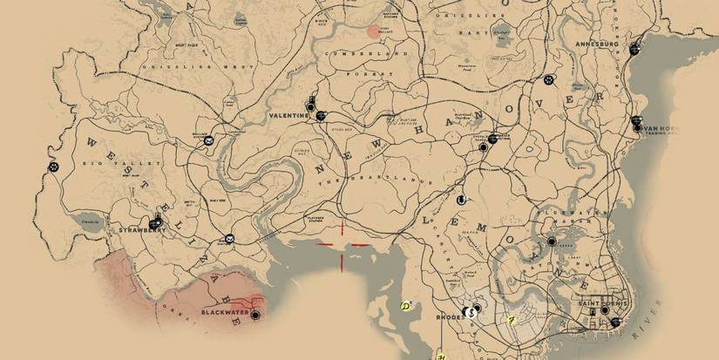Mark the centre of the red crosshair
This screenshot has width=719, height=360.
tap(342, 245)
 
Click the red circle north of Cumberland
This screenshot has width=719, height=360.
tap(374, 32)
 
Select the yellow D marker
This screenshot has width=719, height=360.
tap(405, 306)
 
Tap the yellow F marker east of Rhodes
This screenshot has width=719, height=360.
tap(512, 320)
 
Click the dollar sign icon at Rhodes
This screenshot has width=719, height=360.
tap(470, 311)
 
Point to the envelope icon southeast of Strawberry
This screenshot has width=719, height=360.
tap(229, 239)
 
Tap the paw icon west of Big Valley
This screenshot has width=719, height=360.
tap(57, 167)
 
